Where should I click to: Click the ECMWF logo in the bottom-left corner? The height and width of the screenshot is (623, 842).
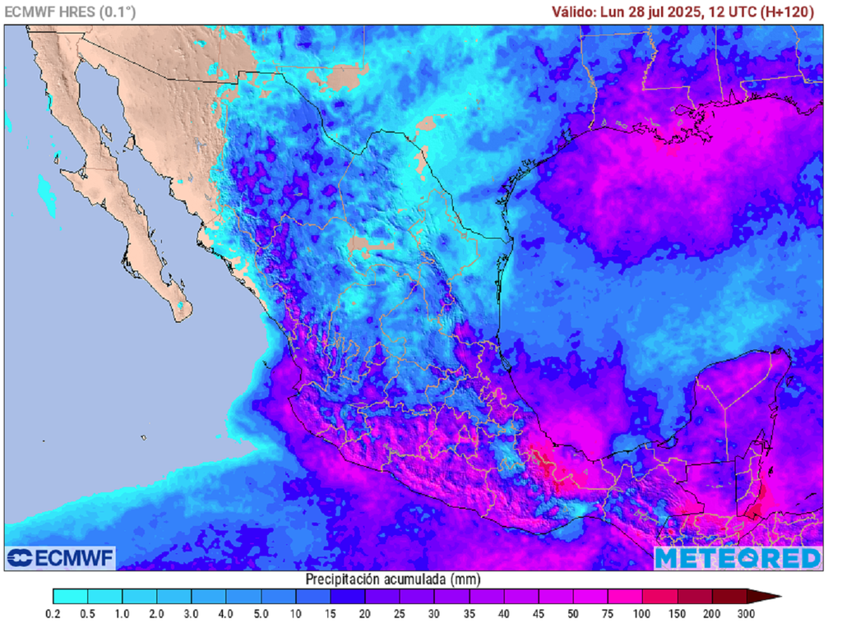tap(61, 557)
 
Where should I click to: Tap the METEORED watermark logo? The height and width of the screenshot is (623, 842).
tap(738, 558)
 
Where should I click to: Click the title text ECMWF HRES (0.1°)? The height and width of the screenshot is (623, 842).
tap(71, 12)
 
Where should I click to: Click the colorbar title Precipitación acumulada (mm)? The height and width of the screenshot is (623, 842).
tap(387, 579)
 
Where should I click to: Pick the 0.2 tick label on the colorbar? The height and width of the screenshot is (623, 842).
tap(53, 614)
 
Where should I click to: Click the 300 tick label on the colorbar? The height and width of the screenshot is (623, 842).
tap(746, 614)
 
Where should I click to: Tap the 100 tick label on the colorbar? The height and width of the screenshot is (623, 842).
tap(642, 614)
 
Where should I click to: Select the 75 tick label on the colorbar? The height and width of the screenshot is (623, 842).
tap(608, 614)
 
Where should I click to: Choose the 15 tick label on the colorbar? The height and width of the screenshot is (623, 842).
tap(331, 614)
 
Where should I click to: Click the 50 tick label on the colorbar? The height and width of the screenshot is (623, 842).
tap(573, 614)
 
